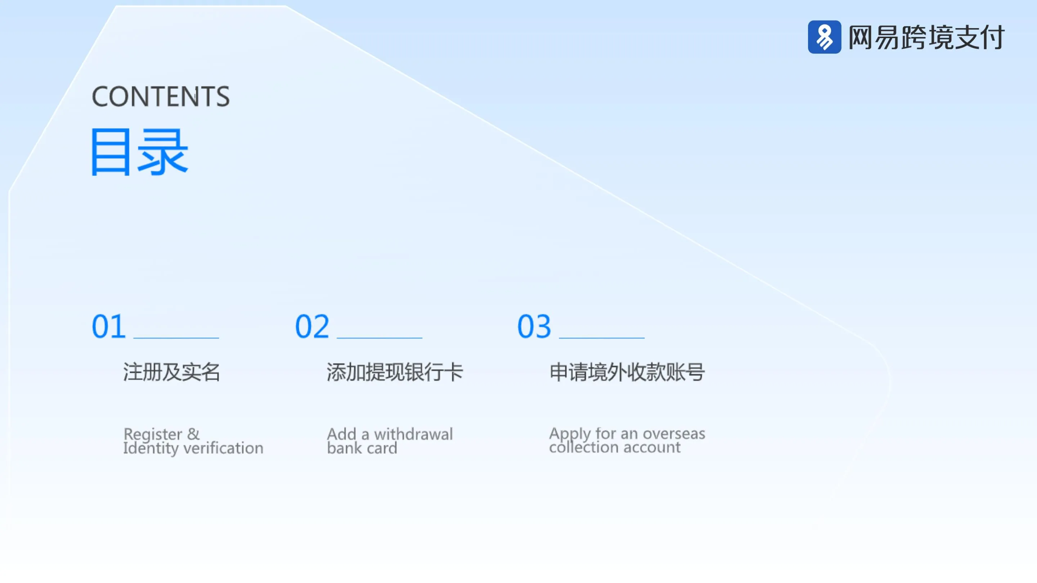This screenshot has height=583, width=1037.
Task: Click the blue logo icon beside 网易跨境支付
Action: pyautogui.click(x=824, y=37)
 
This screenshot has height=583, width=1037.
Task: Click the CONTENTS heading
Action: pyautogui.click(x=161, y=96)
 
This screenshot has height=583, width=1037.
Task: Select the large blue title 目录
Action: pyautogui.click(x=139, y=152)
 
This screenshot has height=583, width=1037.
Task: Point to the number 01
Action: pyautogui.click(x=109, y=326)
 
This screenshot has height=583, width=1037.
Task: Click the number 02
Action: pyautogui.click(x=312, y=326)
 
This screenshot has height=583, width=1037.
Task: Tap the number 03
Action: pyautogui.click(x=534, y=326)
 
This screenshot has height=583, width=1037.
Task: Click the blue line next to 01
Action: pyautogui.click(x=176, y=338)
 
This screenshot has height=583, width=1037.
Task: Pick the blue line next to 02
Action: pyautogui.click(x=379, y=338)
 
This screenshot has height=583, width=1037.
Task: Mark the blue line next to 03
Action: pyautogui.click(x=601, y=338)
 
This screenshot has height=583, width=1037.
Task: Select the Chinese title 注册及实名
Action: pyautogui.click(x=171, y=372)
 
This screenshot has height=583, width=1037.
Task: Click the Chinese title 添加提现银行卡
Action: pyautogui.click(x=395, y=372)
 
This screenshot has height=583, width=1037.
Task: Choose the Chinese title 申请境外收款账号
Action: pyautogui.click(x=627, y=372)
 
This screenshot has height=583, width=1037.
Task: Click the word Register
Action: pyautogui.click(x=153, y=434)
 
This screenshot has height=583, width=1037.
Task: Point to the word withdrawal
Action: pyautogui.click(x=413, y=434)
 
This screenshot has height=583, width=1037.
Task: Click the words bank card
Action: pyautogui.click(x=362, y=448)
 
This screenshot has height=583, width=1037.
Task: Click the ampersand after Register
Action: pyautogui.click(x=193, y=434)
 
